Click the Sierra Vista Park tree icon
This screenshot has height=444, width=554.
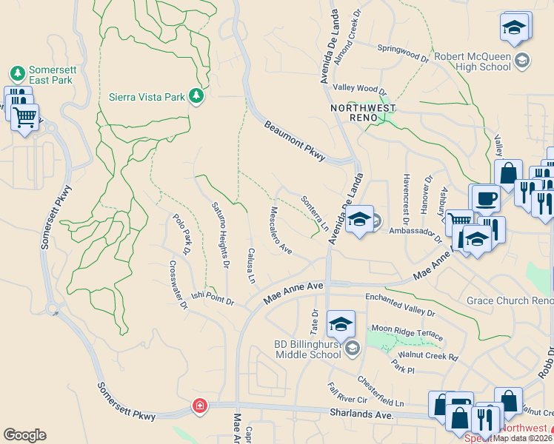click(x=196, y=96)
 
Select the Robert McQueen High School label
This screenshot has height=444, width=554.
click(x=473, y=61)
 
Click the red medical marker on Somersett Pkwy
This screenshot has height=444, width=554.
click(x=198, y=406)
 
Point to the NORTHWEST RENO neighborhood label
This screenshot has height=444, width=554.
click(x=358, y=113)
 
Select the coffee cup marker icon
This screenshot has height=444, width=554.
click(x=486, y=198)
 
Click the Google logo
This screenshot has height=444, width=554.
click(x=24, y=434)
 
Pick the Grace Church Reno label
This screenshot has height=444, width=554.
click(x=509, y=300)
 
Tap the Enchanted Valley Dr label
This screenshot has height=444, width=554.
click(x=400, y=306)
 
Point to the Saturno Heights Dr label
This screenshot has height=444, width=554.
click(x=219, y=235)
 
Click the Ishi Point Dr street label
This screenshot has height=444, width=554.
click(x=213, y=298)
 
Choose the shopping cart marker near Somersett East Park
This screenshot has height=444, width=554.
click(x=25, y=116)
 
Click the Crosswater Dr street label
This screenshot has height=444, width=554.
click(x=178, y=284)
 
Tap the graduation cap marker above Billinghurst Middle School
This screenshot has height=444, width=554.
click(x=341, y=323)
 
